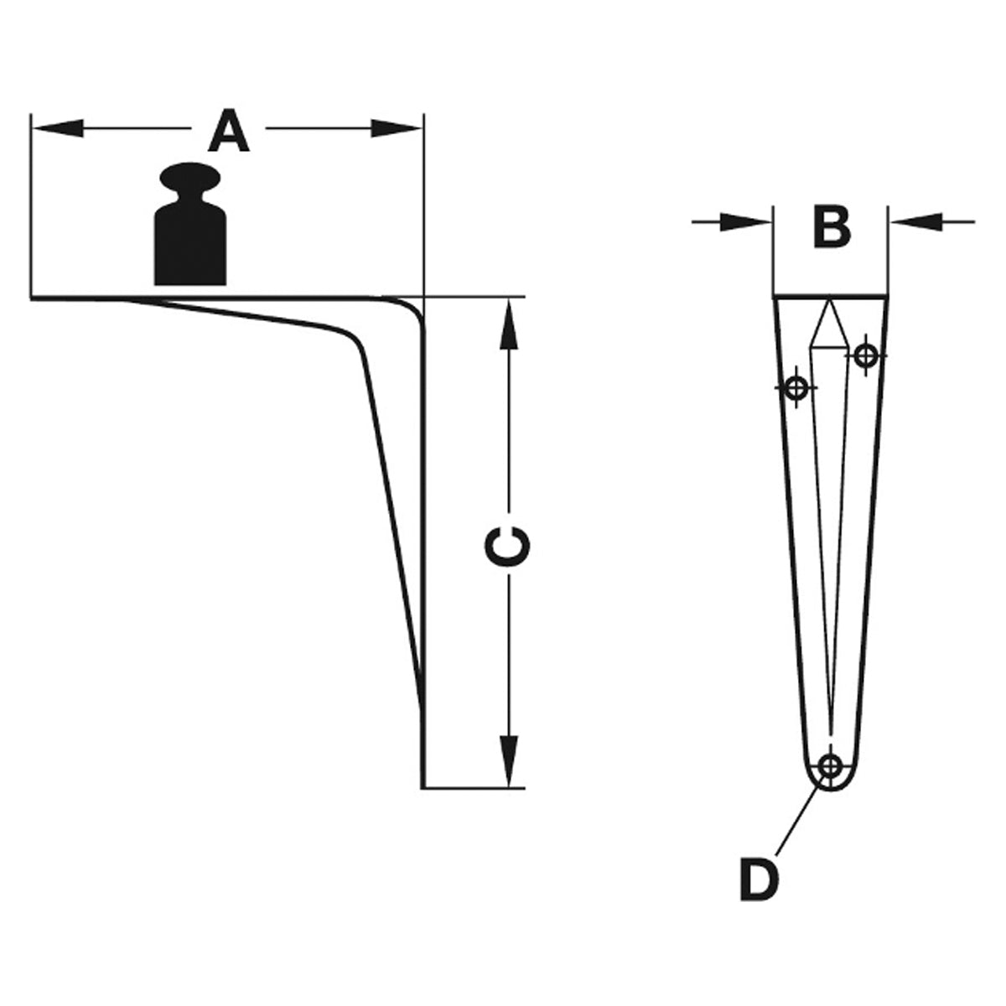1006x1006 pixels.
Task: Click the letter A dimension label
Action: click(x=229, y=131)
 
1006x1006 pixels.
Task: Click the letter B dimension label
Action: click(x=832, y=228)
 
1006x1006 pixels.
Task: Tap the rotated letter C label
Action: click(x=507, y=546)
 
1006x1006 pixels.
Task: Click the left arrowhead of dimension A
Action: click(x=59, y=128)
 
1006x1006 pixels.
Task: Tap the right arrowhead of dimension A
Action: click(x=396, y=128)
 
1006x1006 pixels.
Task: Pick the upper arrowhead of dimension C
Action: click(x=509, y=324)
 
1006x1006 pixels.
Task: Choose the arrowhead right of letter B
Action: click(x=916, y=222)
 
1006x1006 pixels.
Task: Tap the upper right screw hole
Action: click(x=865, y=355)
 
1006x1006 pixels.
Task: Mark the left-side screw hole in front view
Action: click(x=796, y=388)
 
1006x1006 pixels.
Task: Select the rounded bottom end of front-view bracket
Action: click(x=830, y=801)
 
